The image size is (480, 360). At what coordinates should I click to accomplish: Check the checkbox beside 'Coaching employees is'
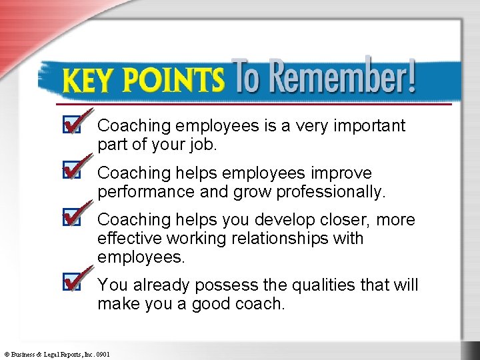tap(71, 125)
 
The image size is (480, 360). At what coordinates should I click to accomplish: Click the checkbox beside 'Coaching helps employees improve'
tap(71, 172)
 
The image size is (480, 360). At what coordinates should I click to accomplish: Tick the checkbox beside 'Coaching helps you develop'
tap(71, 219)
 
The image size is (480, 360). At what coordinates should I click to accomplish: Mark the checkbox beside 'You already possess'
tap(71, 283)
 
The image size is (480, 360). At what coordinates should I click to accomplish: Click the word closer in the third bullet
tap(348, 220)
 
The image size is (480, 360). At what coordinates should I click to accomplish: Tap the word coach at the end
tap(260, 304)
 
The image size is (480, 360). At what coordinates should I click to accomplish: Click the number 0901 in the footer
tap(103, 354)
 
